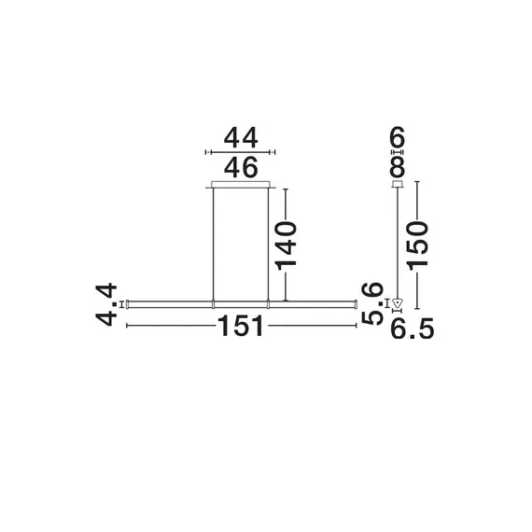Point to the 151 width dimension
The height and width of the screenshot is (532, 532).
click(x=241, y=327)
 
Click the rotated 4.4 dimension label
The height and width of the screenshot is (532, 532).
click(x=107, y=304)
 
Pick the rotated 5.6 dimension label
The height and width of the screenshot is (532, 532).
click(x=374, y=304)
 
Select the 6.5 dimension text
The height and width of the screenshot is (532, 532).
click(x=413, y=328)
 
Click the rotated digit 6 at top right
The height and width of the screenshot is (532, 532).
click(x=398, y=140)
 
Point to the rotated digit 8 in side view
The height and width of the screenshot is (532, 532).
click(x=398, y=166)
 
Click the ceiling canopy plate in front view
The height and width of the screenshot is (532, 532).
click(x=241, y=184)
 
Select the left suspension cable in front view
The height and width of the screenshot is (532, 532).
click(x=214, y=243)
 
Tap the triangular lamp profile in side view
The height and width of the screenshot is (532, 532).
click(x=398, y=302)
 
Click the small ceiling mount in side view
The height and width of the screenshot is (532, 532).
click(x=398, y=184)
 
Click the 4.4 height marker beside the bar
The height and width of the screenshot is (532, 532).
click(x=122, y=302)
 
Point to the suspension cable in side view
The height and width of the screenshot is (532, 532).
click(x=398, y=243)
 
